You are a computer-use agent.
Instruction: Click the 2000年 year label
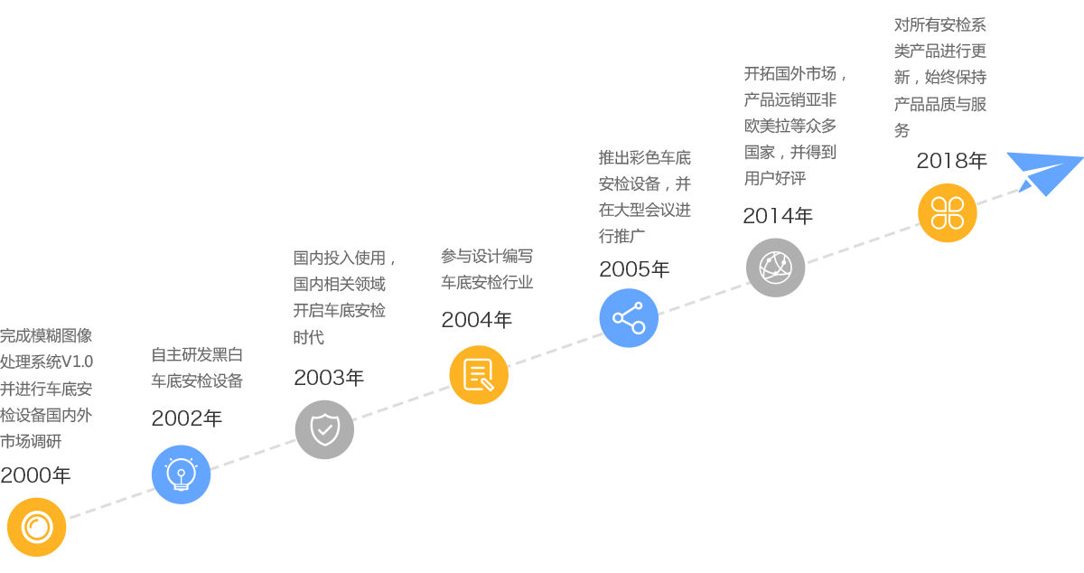click(x=36, y=475)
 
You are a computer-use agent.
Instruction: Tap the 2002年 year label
click(x=187, y=418)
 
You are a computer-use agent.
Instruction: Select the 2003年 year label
click(x=329, y=378)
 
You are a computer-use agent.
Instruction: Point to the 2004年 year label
click(x=477, y=320)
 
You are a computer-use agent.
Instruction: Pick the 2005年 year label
click(x=634, y=269)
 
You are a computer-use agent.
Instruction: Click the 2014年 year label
click(x=778, y=216)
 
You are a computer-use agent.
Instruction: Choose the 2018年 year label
click(x=952, y=161)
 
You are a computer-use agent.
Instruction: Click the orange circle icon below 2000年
click(x=37, y=526)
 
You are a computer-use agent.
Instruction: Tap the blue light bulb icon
click(x=181, y=474)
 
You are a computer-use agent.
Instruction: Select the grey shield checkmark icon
click(x=324, y=429)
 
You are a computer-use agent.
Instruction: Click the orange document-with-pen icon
click(x=479, y=375)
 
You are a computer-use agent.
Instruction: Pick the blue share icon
click(x=629, y=318)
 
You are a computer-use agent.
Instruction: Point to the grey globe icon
click(x=775, y=268)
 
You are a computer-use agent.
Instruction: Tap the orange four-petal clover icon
click(x=948, y=212)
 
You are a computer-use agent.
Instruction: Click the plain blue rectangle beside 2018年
click(x=1044, y=174)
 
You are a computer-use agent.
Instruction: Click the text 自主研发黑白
click(x=197, y=355)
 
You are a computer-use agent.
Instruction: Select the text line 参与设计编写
click(x=487, y=257)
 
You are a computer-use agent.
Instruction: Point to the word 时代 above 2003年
click(x=309, y=338)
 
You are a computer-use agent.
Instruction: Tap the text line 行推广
click(x=621, y=237)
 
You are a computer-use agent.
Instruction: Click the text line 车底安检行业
click(x=487, y=283)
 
